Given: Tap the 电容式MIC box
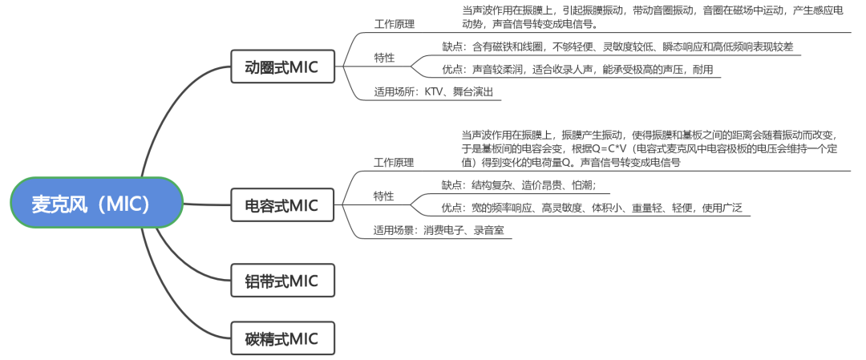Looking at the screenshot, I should (x=281, y=206).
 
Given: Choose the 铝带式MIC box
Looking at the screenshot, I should (x=281, y=281).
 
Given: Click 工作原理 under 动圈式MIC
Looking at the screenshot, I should (x=394, y=24).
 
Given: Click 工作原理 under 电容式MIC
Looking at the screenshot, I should (x=394, y=162).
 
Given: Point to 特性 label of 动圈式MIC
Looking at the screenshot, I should (x=384, y=59).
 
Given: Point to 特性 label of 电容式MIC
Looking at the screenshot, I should (x=384, y=196).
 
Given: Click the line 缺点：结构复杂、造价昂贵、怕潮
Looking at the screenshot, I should (x=524, y=185).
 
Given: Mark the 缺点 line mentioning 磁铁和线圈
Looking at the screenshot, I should (x=617, y=47).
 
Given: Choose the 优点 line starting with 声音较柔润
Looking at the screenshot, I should (x=577, y=70).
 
